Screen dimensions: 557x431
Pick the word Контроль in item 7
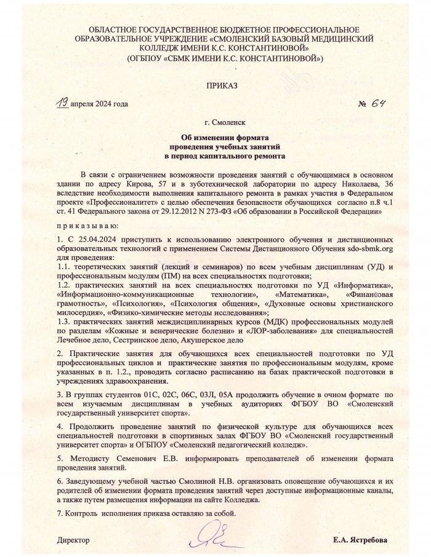coord(83,513)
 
